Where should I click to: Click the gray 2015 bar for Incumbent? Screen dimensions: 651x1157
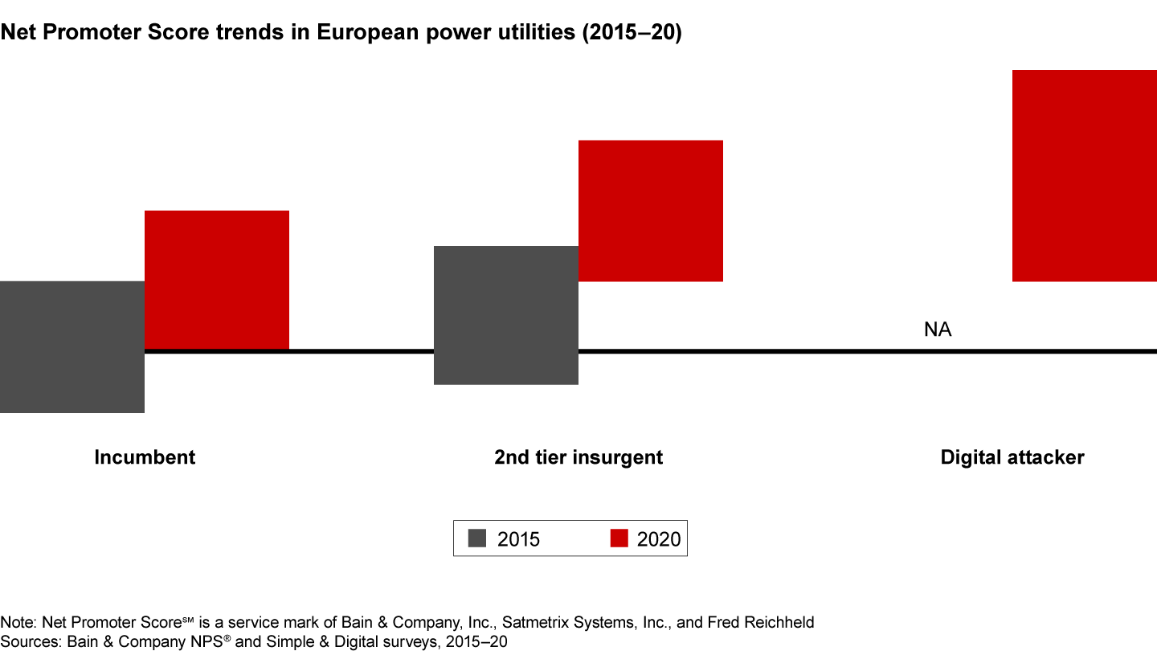pyautogui.click(x=72, y=347)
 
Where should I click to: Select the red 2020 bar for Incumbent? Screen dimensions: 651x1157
pyautogui.click(x=217, y=280)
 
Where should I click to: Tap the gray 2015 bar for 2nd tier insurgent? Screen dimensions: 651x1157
pyautogui.click(x=506, y=315)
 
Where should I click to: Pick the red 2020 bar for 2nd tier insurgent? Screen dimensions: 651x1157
pyautogui.click(x=651, y=211)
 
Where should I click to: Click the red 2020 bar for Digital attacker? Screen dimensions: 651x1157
pyautogui.click(x=1085, y=175)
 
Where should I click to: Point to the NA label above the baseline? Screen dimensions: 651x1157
pyautogui.click(x=938, y=330)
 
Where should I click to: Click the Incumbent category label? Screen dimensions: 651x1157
pyautogui.click(x=145, y=457)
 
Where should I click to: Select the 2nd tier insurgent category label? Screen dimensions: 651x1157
pyautogui.click(x=578, y=457)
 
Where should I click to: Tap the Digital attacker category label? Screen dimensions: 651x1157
pyautogui.click(x=1012, y=457)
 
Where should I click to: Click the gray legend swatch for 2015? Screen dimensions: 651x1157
pyautogui.click(x=477, y=538)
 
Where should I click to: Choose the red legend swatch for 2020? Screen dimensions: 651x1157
pyautogui.click(x=619, y=538)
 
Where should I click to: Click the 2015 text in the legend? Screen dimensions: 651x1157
pyautogui.click(x=518, y=539)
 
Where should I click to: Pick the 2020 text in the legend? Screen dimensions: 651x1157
pyautogui.click(x=658, y=539)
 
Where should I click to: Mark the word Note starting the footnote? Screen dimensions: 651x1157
pyautogui.click(x=14, y=622)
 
